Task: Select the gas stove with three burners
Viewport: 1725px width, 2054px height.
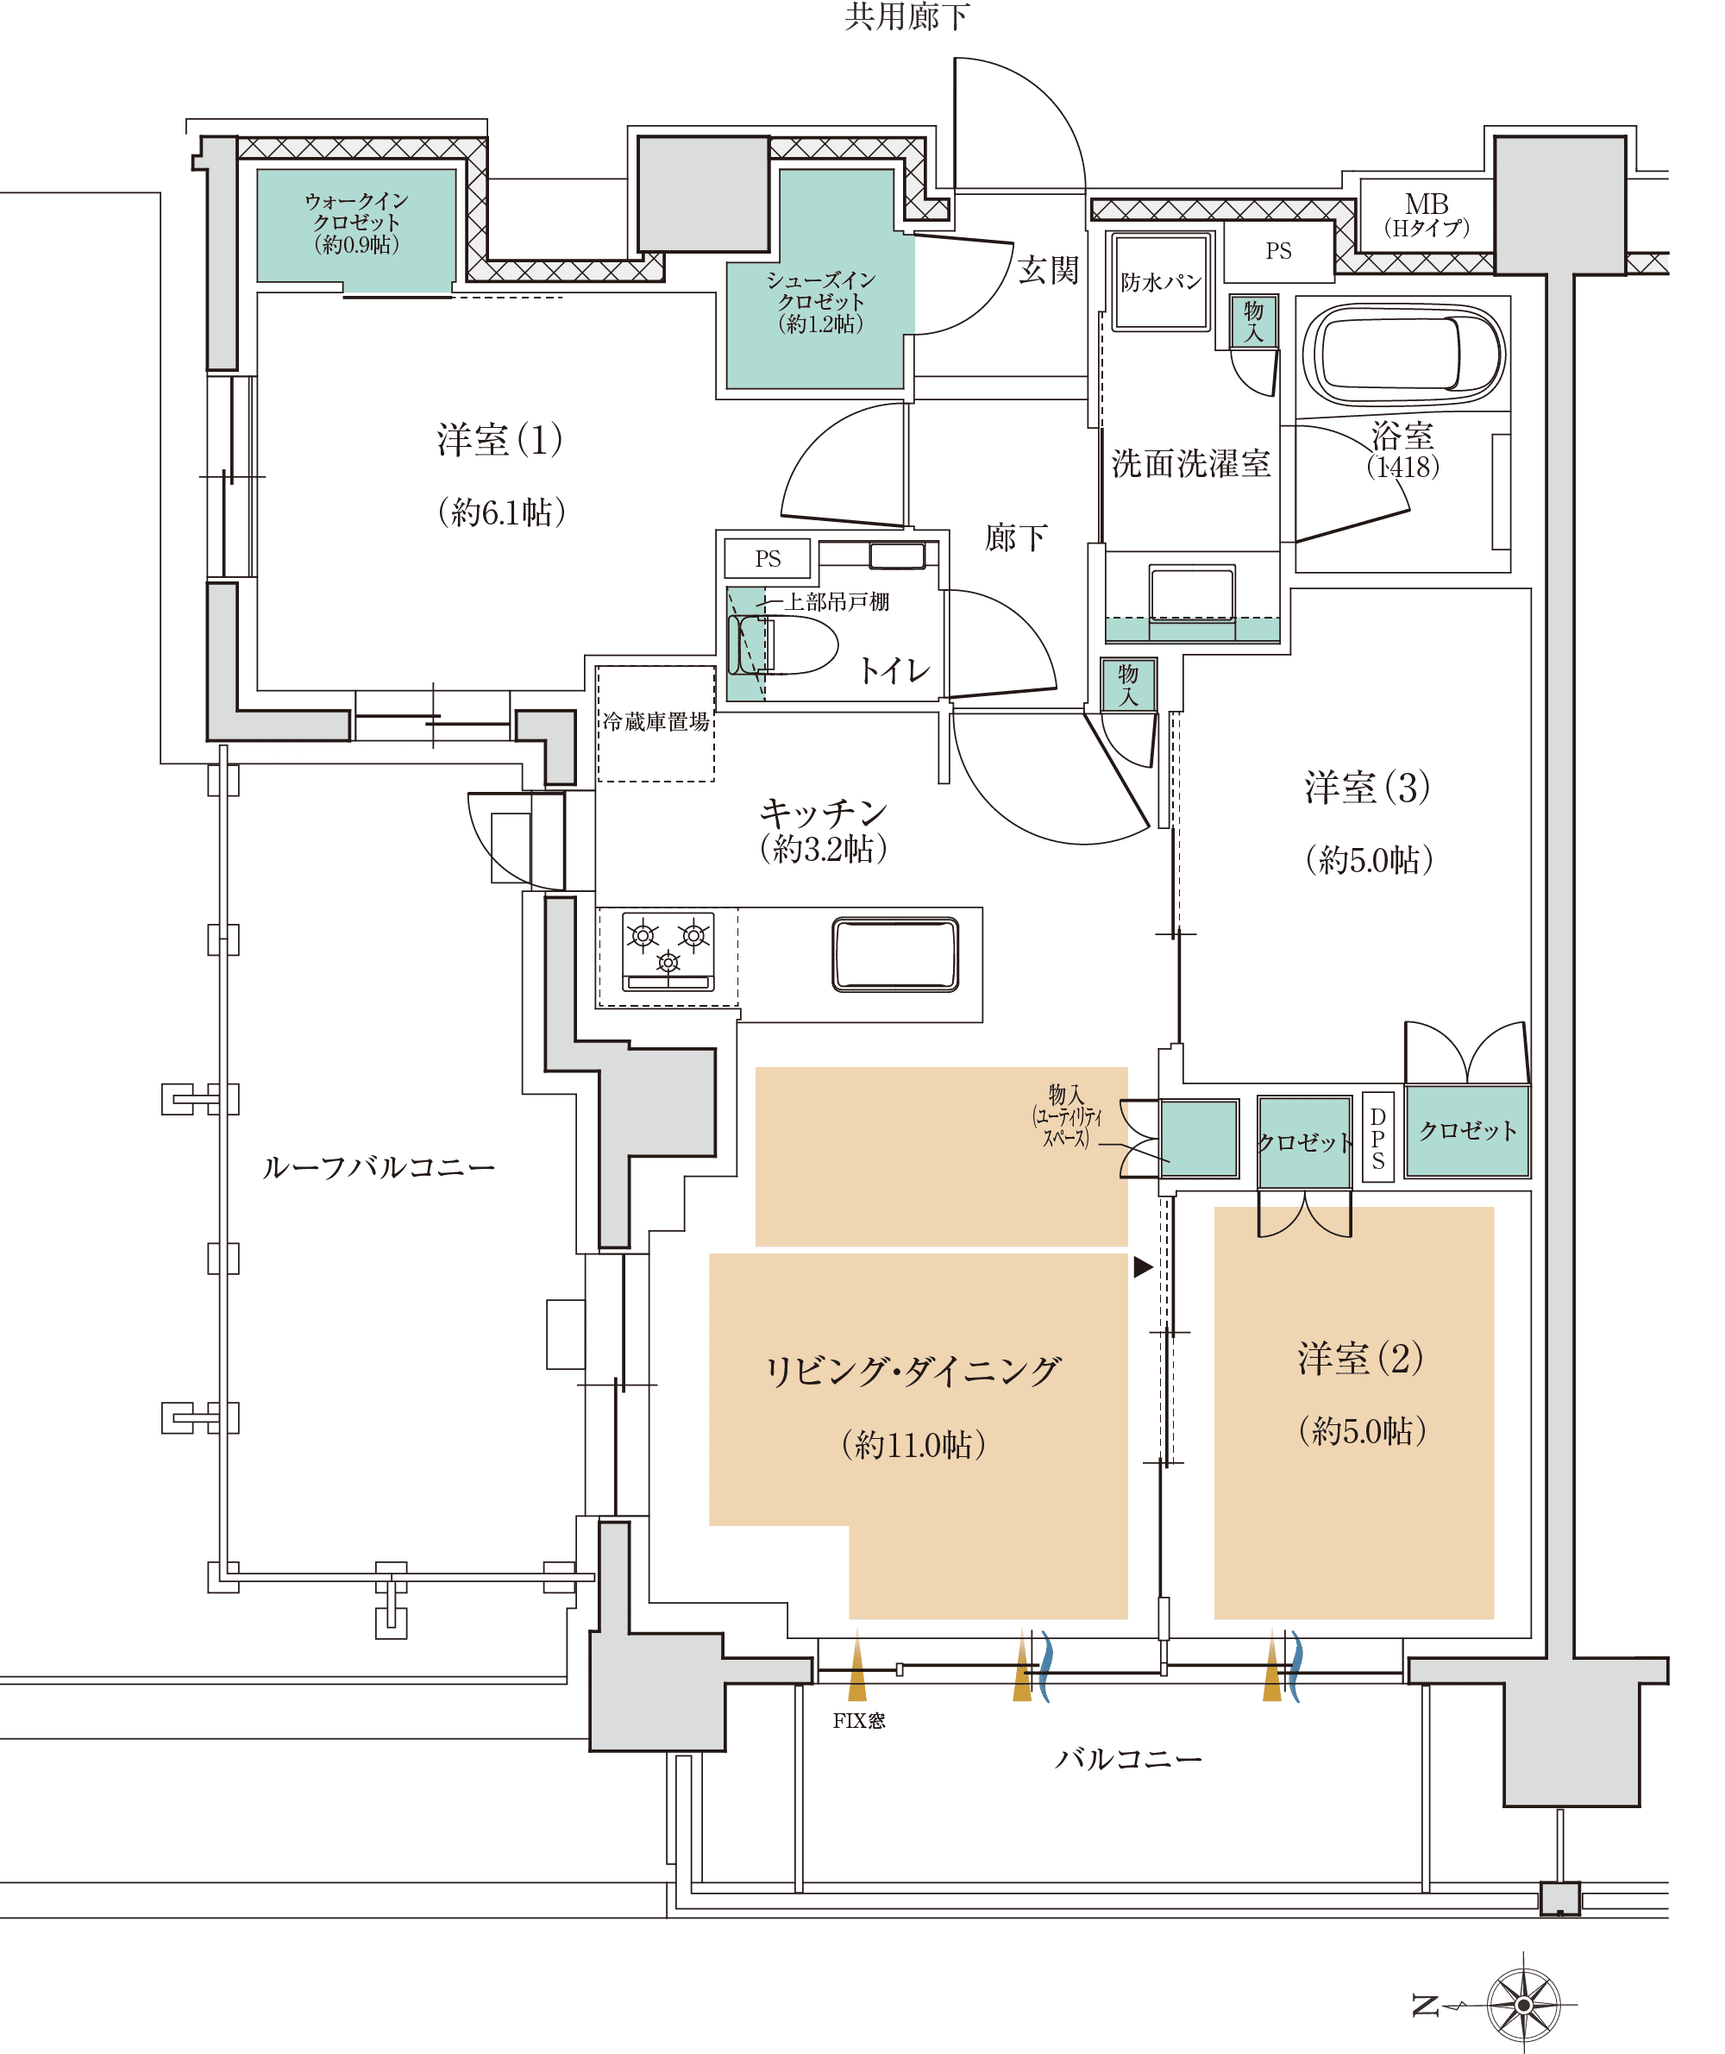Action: (x=668, y=951)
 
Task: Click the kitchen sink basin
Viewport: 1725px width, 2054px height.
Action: (x=894, y=953)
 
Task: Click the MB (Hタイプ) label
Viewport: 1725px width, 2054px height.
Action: (x=1426, y=215)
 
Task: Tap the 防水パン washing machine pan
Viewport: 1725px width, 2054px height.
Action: (x=1161, y=282)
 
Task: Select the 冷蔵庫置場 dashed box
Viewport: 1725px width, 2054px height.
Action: (x=655, y=723)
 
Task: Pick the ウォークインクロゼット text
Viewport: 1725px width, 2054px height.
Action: (x=356, y=222)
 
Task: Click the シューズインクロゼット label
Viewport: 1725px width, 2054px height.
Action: (x=820, y=301)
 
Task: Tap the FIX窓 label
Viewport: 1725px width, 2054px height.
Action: (x=858, y=1720)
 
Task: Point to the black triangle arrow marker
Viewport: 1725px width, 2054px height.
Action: (x=1142, y=1267)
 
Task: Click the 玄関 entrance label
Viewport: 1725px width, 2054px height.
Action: (x=1047, y=270)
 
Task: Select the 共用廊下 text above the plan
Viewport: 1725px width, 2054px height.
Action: (x=906, y=17)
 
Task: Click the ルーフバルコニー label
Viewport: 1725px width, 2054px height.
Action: (x=379, y=1167)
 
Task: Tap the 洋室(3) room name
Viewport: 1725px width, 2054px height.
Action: (x=1367, y=788)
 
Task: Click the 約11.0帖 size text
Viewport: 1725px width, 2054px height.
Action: (x=913, y=1445)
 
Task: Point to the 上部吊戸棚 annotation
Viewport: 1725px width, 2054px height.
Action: (x=836, y=601)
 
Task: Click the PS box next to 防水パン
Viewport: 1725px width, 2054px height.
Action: (x=1278, y=251)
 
